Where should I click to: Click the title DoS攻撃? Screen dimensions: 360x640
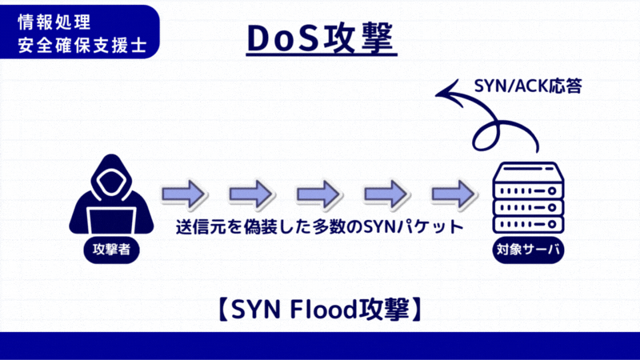tap(320, 40)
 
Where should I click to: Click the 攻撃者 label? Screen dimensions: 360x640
tap(111, 251)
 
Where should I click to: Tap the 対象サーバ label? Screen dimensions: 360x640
tap(527, 251)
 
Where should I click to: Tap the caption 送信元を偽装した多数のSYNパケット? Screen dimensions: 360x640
tap(319, 227)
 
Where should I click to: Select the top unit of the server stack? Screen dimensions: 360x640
tap(527, 175)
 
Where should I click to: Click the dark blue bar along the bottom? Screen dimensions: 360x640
tap(320, 346)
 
